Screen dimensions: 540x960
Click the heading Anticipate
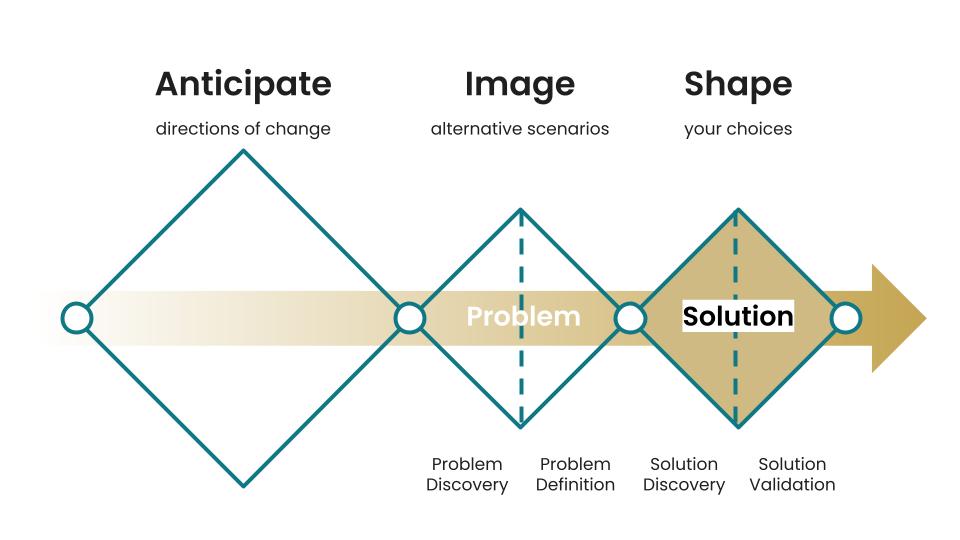coord(243,85)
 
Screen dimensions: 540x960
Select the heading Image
coord(519,85)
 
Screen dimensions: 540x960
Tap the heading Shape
coord(738,85)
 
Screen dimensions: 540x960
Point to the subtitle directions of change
coord(243,129)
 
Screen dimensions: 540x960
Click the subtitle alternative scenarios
coord(519,129)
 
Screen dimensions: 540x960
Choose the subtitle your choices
coord(738,129)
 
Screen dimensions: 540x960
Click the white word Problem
coord(523,317)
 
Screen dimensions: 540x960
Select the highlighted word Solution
coord(738,317)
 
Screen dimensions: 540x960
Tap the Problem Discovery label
coord(467,474)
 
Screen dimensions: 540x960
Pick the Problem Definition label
coord(575,474)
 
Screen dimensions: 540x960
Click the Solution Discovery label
coord(684,474)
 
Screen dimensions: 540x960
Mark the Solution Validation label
coord(792,474)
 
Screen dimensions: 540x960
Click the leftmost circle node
coord(76,318)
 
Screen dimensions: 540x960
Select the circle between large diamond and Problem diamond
coord(410,318)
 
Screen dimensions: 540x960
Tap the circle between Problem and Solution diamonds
coord(629,318)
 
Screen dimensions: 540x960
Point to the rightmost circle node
coord(846,318)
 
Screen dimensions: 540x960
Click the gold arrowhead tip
coord(924,319)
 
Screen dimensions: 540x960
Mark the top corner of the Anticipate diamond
coord(243,151)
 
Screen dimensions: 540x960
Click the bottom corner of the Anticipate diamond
coord(243,486)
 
